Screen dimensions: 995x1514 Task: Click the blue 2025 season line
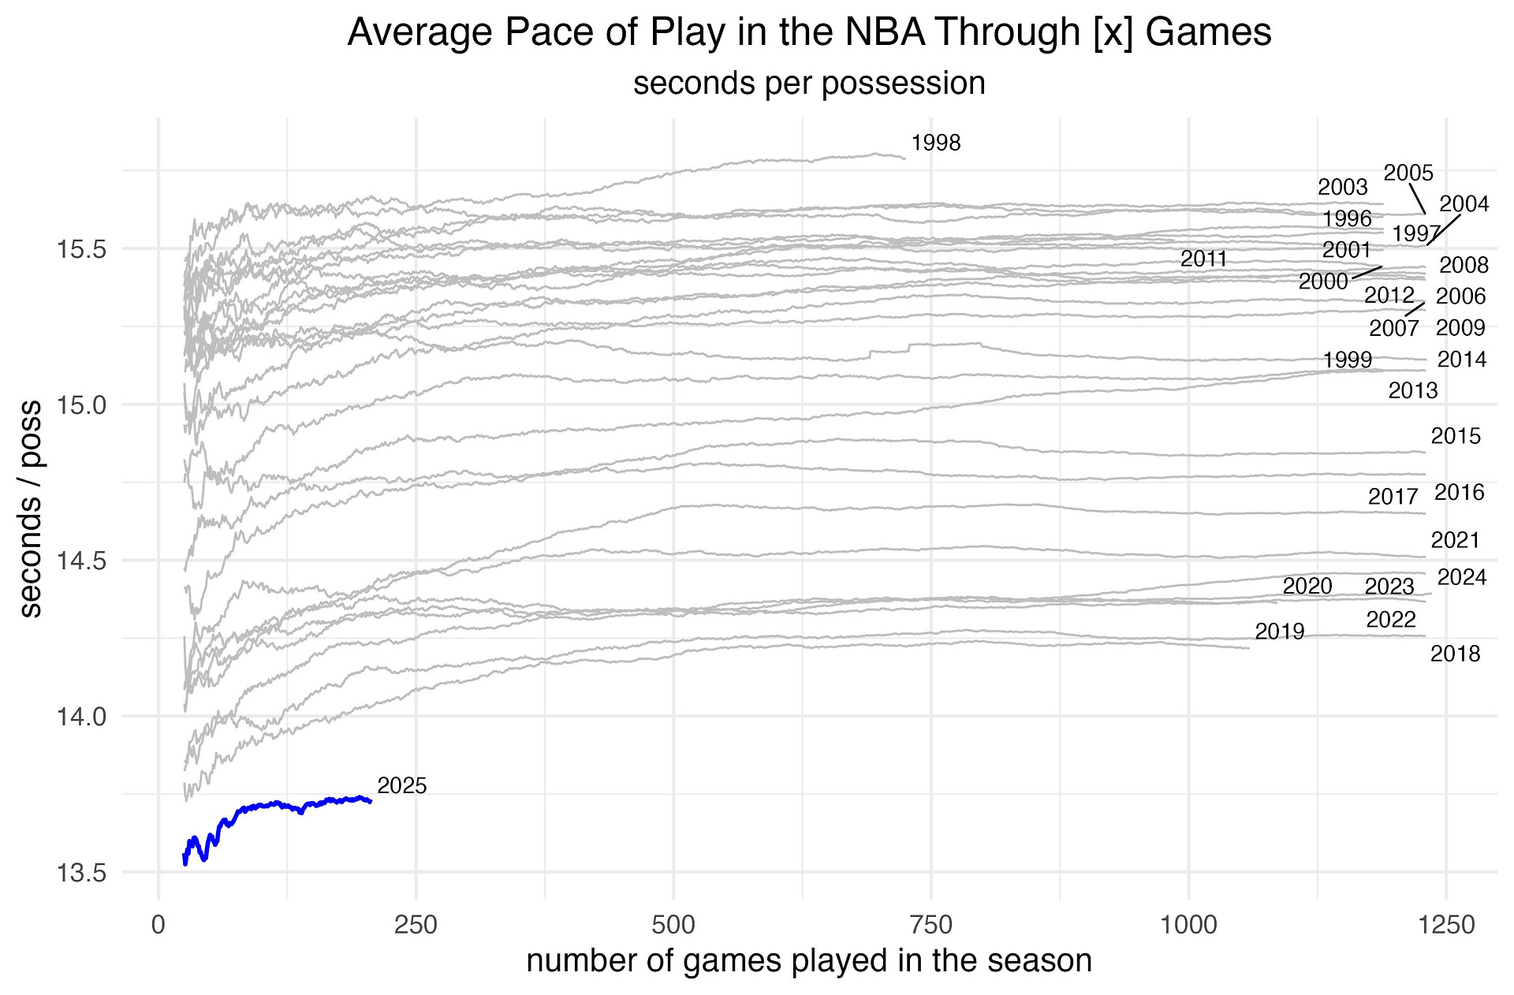click(268, 805)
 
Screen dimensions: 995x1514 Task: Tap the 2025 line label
click(402, 786)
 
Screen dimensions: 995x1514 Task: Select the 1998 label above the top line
click(936, 143)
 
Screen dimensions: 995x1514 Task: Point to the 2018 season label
click(1456, 654)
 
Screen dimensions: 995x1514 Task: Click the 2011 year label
click(1204, 259)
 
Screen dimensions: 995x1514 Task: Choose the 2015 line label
click(1456, 436)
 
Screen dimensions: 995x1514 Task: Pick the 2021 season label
click(1456, 540)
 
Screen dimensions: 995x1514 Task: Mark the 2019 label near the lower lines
click(1280, 632)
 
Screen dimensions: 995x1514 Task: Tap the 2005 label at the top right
click(1408, 173)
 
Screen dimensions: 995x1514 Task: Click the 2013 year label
click(1413, 390)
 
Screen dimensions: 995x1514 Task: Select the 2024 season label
click(1462, 577)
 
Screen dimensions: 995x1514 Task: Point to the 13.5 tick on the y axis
click(81, 873)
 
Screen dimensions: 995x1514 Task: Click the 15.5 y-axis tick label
click(81, 250)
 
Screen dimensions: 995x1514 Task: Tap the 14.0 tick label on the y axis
click(81, 717)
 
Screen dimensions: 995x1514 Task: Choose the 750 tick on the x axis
click(931, 925)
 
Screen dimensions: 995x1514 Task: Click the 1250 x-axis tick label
click(1445, 925)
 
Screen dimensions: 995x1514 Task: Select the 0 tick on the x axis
click(158, 925)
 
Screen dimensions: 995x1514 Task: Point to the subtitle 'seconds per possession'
click(809, 83)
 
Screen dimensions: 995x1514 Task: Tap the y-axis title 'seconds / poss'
click(32, 509)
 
